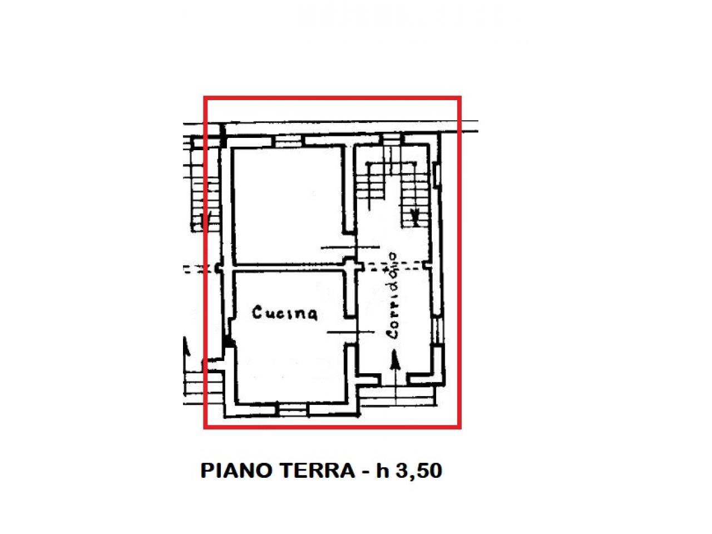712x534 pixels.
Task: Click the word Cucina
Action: coord(284,313)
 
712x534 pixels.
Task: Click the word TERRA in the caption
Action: coord(317,471)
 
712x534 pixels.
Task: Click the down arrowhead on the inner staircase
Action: coord(415,216)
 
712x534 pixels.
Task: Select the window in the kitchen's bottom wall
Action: coord(293,410)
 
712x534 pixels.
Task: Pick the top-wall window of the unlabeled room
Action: coord(288,141)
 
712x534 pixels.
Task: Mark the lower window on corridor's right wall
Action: coord(438,332)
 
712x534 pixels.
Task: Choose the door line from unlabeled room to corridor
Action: coord(350,248)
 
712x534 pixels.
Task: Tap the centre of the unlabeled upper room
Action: coord(289,206)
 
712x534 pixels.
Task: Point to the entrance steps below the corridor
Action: coord(398,395)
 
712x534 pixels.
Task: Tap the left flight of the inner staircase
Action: coord(369,186)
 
